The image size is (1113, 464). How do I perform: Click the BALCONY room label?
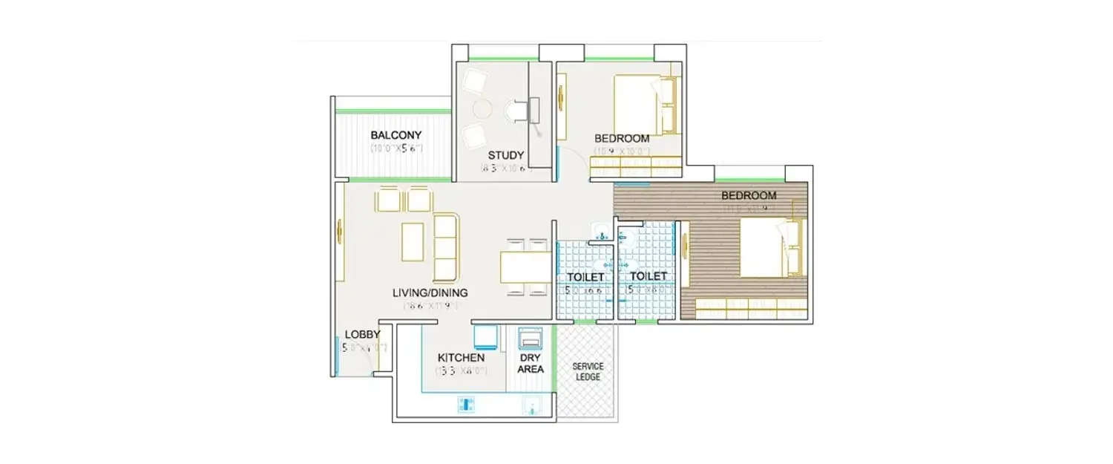[396, 135]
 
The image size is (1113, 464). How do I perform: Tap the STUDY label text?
[506, 155]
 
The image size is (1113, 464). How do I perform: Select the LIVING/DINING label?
[430, 293]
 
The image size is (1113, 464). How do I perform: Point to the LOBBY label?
[362, 335]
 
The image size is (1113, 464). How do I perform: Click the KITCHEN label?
[461, 357]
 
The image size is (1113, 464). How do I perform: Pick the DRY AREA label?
[531, 363]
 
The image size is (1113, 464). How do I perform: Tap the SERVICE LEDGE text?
[587, 371]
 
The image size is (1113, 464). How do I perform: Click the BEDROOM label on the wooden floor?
[749, 196]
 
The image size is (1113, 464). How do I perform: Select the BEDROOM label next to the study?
[622, 138]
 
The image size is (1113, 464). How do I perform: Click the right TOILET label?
[648, 276]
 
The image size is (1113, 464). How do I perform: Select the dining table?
[525, 267]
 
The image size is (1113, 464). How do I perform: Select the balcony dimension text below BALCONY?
[396, 148]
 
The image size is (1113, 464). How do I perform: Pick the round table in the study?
[483, 109]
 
